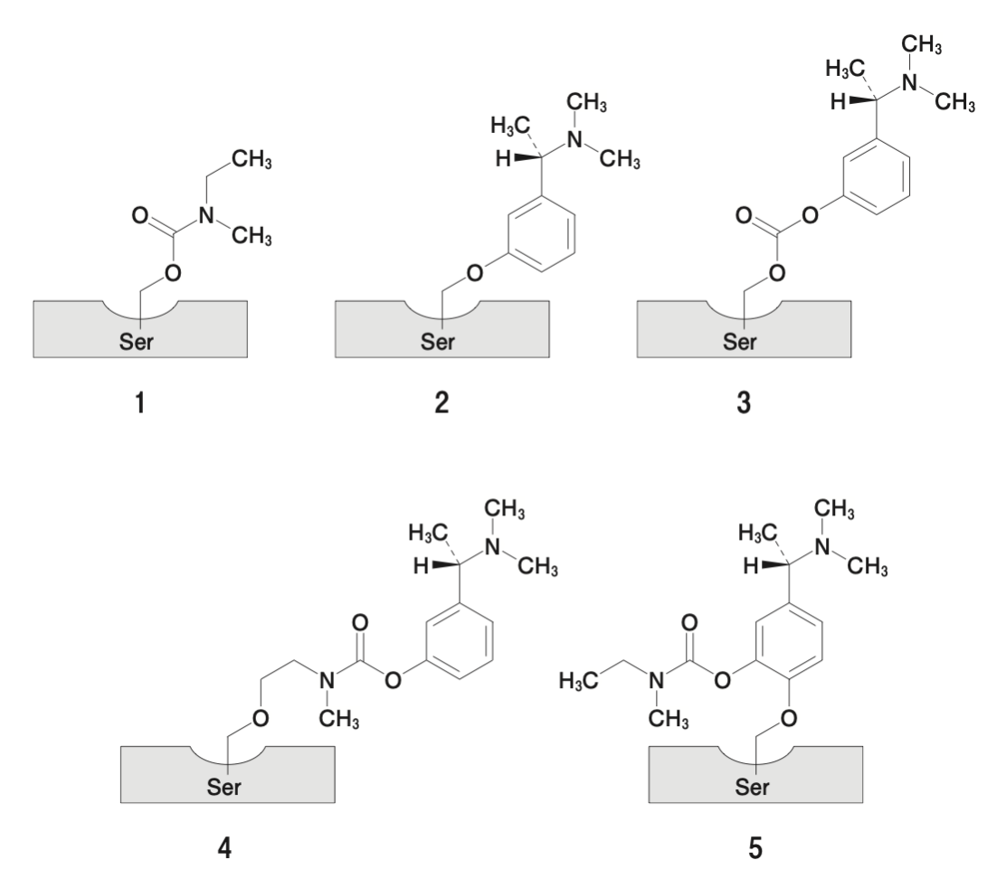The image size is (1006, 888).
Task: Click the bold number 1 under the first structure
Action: [140, 403]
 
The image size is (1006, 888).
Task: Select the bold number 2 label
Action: [441, 403]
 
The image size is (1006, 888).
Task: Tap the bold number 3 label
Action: [744, 403]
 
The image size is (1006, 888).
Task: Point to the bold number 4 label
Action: [224, 848]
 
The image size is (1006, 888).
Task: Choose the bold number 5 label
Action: [755, 848]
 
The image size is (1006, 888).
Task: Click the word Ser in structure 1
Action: [136, 342]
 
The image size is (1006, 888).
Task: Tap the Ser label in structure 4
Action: [224, 787]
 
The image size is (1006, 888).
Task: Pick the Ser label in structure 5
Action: [752, 787]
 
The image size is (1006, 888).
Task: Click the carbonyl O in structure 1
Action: [140, 215]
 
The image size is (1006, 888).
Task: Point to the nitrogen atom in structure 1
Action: [206, 215]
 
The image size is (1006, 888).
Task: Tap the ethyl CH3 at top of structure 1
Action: [251, 159]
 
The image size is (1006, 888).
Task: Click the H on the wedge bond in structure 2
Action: [504, 159]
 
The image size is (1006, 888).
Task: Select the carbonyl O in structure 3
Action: [744, 215]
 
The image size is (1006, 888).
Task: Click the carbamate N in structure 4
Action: [327, 680]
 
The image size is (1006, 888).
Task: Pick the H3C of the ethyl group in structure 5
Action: [579, 680]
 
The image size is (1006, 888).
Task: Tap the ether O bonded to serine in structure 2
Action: [475, 273]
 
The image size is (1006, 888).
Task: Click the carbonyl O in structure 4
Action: [360, 622]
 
